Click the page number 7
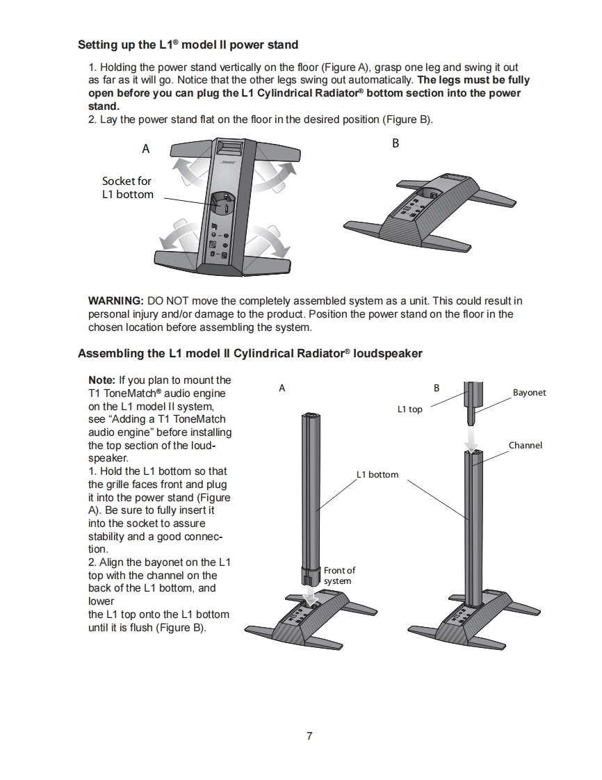[x=309, y=736]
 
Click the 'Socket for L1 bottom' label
[x=127, y=188]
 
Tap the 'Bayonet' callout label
[x=529, y=393]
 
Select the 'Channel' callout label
[x=525, y=446]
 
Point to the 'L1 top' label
[x=409, y=409]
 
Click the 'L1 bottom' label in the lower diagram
[x=377, y=475]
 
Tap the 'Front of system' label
[x=339, y=576]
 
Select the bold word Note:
[x=102, y=380]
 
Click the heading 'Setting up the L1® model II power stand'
[x=188, y=45]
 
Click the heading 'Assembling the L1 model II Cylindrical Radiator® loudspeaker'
[x=250, y=353]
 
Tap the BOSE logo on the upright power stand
[x=229, y=162]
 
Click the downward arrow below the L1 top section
[x=472, y=439]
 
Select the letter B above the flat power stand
[x=396, y=143]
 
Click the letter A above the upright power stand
[x=146, y=148]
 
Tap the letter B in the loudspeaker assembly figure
[x=437, y=388]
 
